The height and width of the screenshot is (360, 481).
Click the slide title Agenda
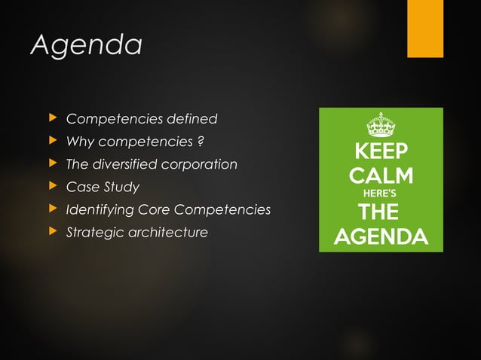tap(86, 44)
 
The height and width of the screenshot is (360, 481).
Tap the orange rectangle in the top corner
tap(425, 27)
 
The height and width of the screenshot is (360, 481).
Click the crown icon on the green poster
tap(381, 124)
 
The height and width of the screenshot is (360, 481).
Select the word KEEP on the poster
tap(381, 151)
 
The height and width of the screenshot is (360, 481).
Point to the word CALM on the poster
tap(381, 177)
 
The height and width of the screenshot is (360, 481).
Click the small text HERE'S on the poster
tap(381, 194)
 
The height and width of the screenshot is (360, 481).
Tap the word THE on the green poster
tap(381, 212)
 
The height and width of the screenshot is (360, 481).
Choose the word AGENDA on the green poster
tap(381, 238)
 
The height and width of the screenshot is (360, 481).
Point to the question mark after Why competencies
tap(202, 142)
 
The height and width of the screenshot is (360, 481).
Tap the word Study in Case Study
tap(121, 187)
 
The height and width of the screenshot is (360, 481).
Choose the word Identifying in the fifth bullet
tap(102, 209)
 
